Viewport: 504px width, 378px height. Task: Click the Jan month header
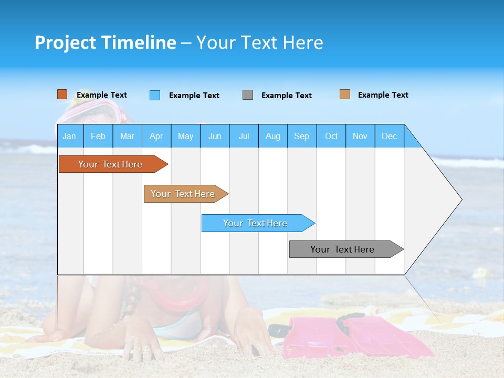[69, 136]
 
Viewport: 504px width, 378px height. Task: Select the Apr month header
[156, 136]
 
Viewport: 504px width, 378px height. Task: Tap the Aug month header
[272, 136]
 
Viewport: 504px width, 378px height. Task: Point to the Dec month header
[389, 136]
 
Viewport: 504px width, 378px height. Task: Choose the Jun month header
[214, 136]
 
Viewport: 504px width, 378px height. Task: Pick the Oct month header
[331, 136]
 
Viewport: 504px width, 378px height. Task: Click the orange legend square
[62, 94]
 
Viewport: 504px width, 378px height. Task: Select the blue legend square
[154, 95]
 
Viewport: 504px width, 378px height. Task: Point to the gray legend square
[247, 95]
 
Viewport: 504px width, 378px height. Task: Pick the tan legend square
[344, 94]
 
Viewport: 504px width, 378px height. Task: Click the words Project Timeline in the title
[105, 43]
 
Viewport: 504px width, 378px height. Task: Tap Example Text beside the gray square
[286, 96]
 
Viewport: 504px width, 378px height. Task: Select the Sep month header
[301, 136]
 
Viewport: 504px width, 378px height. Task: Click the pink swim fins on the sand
[357, 336]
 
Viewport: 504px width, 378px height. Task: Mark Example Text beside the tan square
[383, 95]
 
